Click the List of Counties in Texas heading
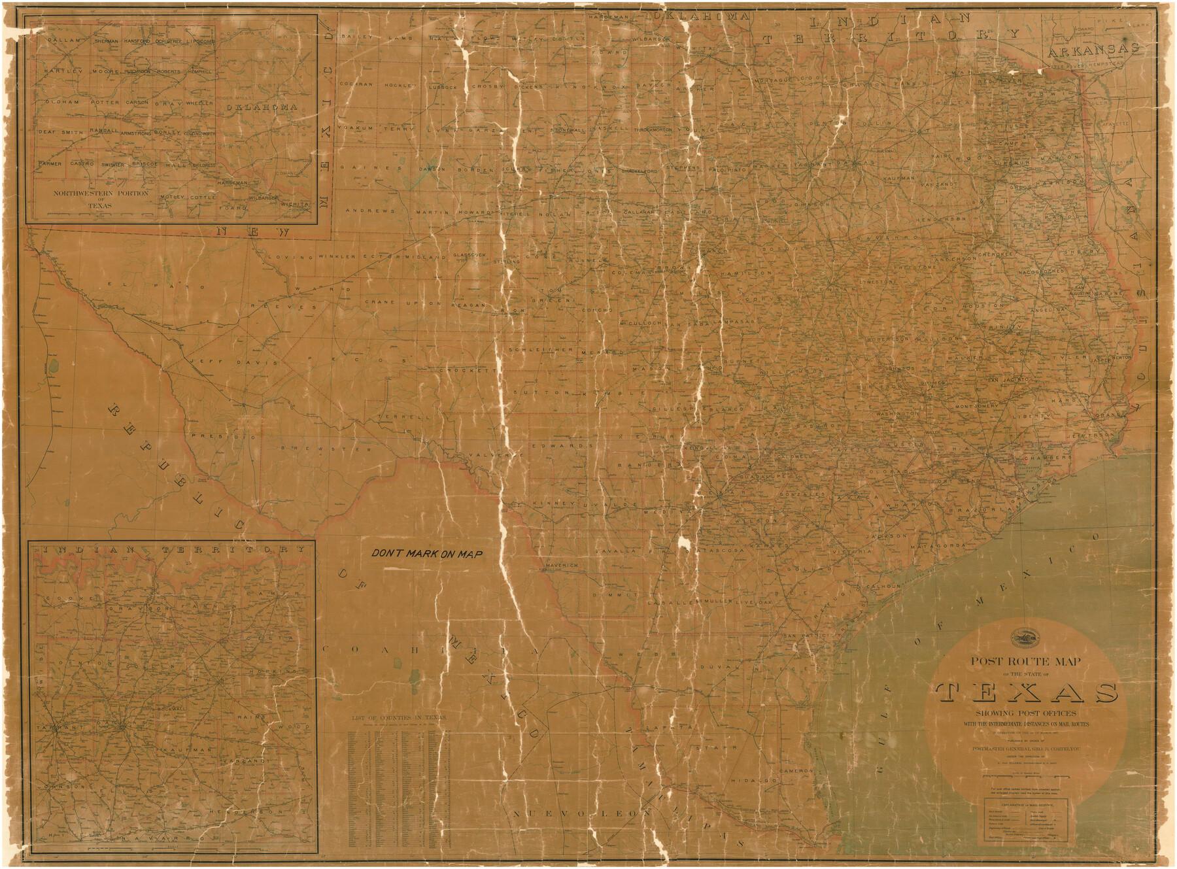[x=399, y=717]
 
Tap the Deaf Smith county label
[x=61, y=132]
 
